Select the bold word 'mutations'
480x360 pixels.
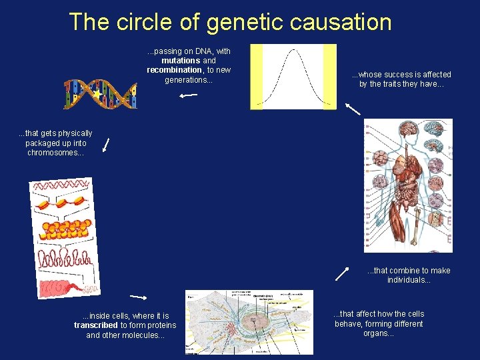181,61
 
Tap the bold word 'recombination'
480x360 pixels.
174,70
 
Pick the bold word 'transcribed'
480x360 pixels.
96,325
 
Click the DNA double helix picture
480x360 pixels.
100,94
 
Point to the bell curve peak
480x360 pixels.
293,51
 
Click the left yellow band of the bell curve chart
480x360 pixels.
257,77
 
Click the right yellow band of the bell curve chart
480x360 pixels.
329,77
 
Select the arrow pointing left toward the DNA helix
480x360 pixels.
188,95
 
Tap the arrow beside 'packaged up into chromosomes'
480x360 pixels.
105,145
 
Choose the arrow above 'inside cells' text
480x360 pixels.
139,296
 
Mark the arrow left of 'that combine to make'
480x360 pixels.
343,273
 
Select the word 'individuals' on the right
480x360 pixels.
407,280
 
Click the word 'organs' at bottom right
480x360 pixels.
377,333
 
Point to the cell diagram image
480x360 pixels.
249,322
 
